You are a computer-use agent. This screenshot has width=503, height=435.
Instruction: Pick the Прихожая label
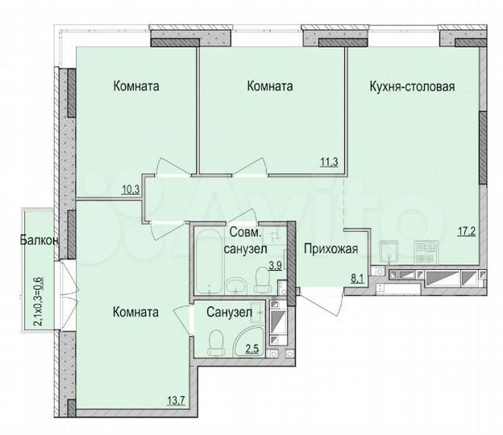[330, 249]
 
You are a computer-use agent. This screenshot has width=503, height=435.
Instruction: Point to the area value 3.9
[274, 264]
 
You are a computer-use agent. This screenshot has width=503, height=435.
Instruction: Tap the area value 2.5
[251, 347]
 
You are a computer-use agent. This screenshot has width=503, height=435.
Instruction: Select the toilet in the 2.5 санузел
[214, 342]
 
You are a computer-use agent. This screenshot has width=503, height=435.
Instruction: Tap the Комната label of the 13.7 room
[135, 312]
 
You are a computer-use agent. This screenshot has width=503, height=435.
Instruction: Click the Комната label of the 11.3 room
[270, 86]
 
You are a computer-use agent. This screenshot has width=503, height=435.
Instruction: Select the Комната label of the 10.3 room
[135, 86]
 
